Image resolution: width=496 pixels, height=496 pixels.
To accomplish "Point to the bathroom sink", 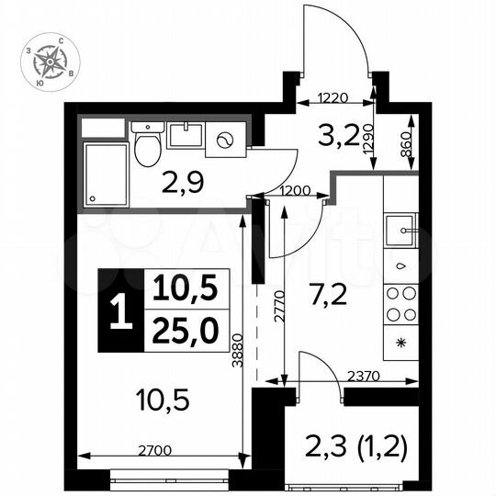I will [186, 136].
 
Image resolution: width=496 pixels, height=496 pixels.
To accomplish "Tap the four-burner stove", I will [401, 304].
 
